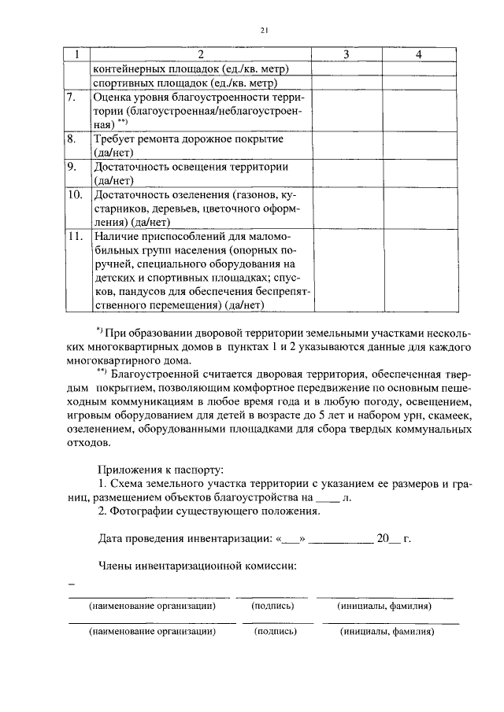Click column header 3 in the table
[346, 54]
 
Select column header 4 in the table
[419, 54]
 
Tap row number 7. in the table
[71, 97]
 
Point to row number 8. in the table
[71, 139]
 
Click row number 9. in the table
[71, 167]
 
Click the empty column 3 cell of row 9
[346, 173]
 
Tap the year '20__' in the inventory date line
[386, 539]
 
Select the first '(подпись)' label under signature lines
[272, 607]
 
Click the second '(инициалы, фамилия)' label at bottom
[386, 631]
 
